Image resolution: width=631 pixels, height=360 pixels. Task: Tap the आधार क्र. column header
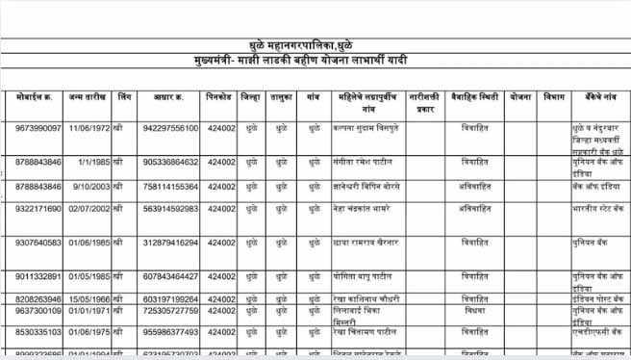pos(170,97)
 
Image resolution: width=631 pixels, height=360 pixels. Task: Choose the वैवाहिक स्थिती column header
pos(474,97)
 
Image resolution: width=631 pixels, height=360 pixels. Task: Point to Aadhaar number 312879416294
pos(170,243)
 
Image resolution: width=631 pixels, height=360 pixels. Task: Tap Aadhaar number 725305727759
pos(170,311)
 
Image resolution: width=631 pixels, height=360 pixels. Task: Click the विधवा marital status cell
pos(474,311)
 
